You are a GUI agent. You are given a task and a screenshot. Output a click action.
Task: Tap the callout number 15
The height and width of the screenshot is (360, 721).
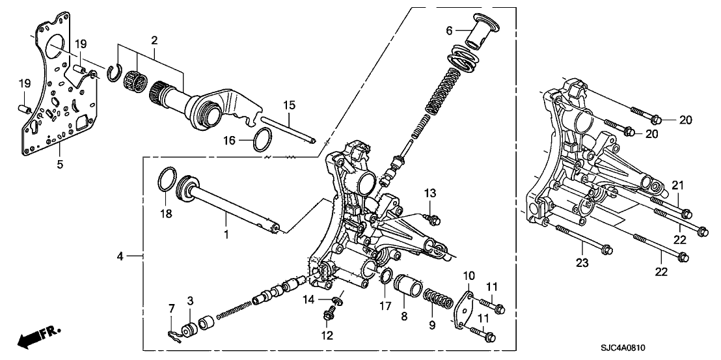click(289, 105)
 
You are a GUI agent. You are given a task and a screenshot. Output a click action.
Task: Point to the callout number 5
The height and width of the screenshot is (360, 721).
click(60, 164)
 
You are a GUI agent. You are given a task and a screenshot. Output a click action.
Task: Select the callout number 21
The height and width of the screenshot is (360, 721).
click(678, 187)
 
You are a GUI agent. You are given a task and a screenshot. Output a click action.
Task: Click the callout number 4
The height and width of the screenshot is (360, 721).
click(120, 257)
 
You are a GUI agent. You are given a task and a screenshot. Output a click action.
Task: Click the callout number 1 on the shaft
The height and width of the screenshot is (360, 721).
click(226, 234)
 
